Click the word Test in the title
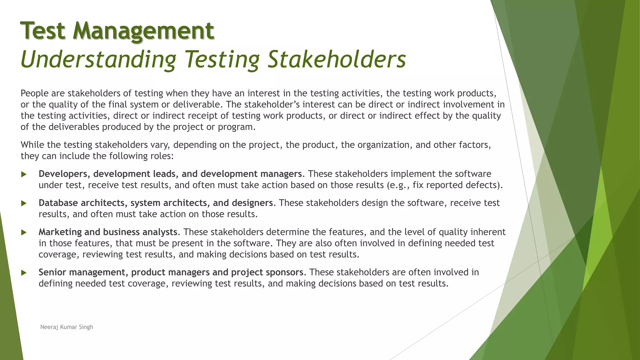click(43, 31)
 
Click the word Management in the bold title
click(143, 31)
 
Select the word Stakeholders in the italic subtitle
click(337, 59)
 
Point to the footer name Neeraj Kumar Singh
click(67, 327)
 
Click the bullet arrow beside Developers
click(24, 174)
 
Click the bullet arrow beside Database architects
click(24, 203)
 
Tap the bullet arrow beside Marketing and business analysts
click(24, 232)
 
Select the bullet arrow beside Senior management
click(24, 273)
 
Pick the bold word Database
click(58, 203)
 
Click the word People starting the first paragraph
click(35, 93)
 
